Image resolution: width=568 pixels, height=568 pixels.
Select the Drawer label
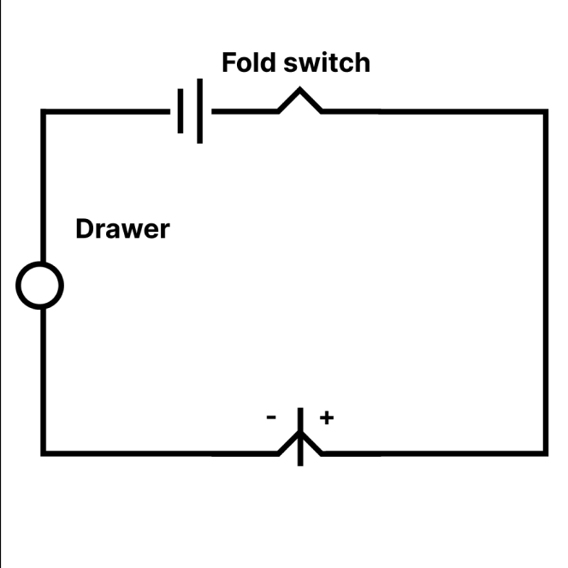tap(122, 229)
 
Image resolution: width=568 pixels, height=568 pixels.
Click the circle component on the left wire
tap(39, 285)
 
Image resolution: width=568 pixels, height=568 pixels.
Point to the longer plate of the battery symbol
tap(200, 111)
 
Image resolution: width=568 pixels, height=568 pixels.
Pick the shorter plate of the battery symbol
tap(180, 112)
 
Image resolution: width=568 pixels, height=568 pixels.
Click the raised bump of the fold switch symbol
tap(299, 99)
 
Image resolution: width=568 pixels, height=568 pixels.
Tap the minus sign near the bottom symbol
tap(271, 417)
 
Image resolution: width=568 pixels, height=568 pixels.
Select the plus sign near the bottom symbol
tap(326, 417)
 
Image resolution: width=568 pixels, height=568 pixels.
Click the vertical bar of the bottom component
tap(300, 423)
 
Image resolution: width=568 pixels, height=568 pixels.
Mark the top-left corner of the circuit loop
tap(43, 112)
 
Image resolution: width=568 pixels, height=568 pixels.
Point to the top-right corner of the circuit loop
tap(545, 112)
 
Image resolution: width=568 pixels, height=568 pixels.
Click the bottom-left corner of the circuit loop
tap(43, 452)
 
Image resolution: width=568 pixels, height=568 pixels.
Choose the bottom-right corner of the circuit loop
tap(545, 452)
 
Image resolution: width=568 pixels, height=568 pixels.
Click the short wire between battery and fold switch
tap(244, 112)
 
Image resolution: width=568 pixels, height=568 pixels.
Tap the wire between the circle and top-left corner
tap(43, 188)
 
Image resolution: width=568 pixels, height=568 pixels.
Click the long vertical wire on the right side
tap(545, 282)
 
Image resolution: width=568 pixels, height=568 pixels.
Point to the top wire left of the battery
tap(107, 112)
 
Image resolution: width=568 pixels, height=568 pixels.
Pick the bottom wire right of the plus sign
tap(428, 452)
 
